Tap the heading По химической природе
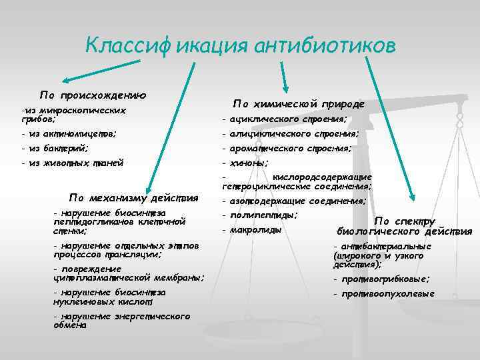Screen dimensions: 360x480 coord(298,104)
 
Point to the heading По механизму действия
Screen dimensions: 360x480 coord(134,197)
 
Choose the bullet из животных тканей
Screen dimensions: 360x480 coord(75,163)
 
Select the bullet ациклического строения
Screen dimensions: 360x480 coord(288,119)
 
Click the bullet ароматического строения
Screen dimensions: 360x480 coord(291,149)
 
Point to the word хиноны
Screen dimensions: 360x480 coord(249,163)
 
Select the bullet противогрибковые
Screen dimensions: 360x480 coord(385,279)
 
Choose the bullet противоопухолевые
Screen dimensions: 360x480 coord(387,293)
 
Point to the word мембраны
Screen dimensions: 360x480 coord(179,277)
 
